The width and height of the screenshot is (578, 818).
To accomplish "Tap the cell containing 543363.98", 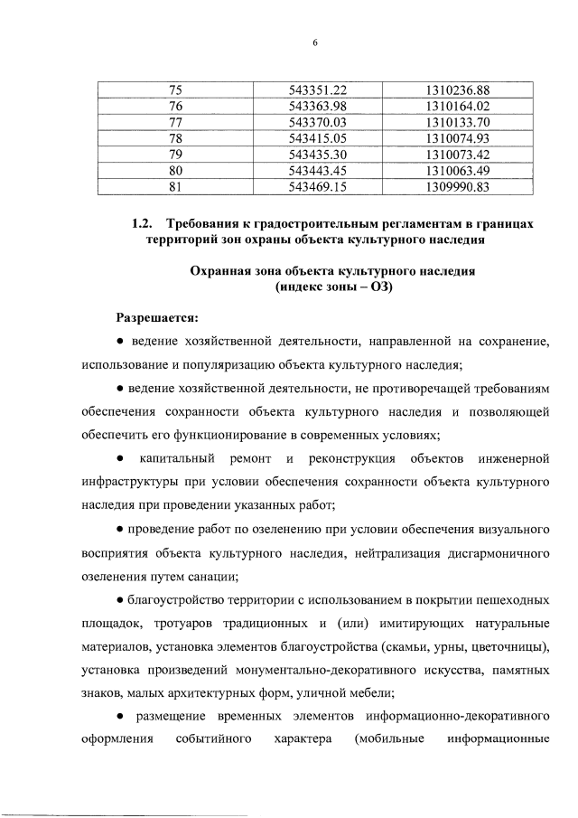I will (x=317, y=106).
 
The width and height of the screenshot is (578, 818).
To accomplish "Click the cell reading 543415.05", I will (x=317, y=138).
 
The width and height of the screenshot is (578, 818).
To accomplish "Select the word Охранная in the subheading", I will (x=220, y=271).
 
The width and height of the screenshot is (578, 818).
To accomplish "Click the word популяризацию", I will (x=263, y=365).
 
